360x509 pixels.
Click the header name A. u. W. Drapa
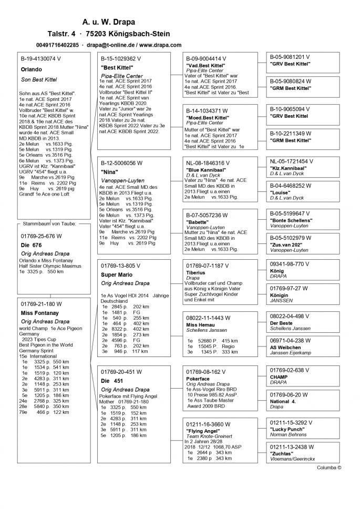pyautogui.click(x=109, y=22)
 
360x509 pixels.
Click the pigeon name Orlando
pyautogui.click(x=31, y=69)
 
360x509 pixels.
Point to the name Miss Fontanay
pyautogui.click(x=39, y=313)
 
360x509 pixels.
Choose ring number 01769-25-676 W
pyautogui.click(x=42, y=236)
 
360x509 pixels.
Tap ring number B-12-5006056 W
pyautogui.click(x=121, y=163)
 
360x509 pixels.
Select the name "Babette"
pyautogui.click(x=198, y=222)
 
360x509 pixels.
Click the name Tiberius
pyautogui.click(x=196, y=273)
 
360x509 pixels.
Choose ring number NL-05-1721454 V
pyautogui.click(x=294, y=161)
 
